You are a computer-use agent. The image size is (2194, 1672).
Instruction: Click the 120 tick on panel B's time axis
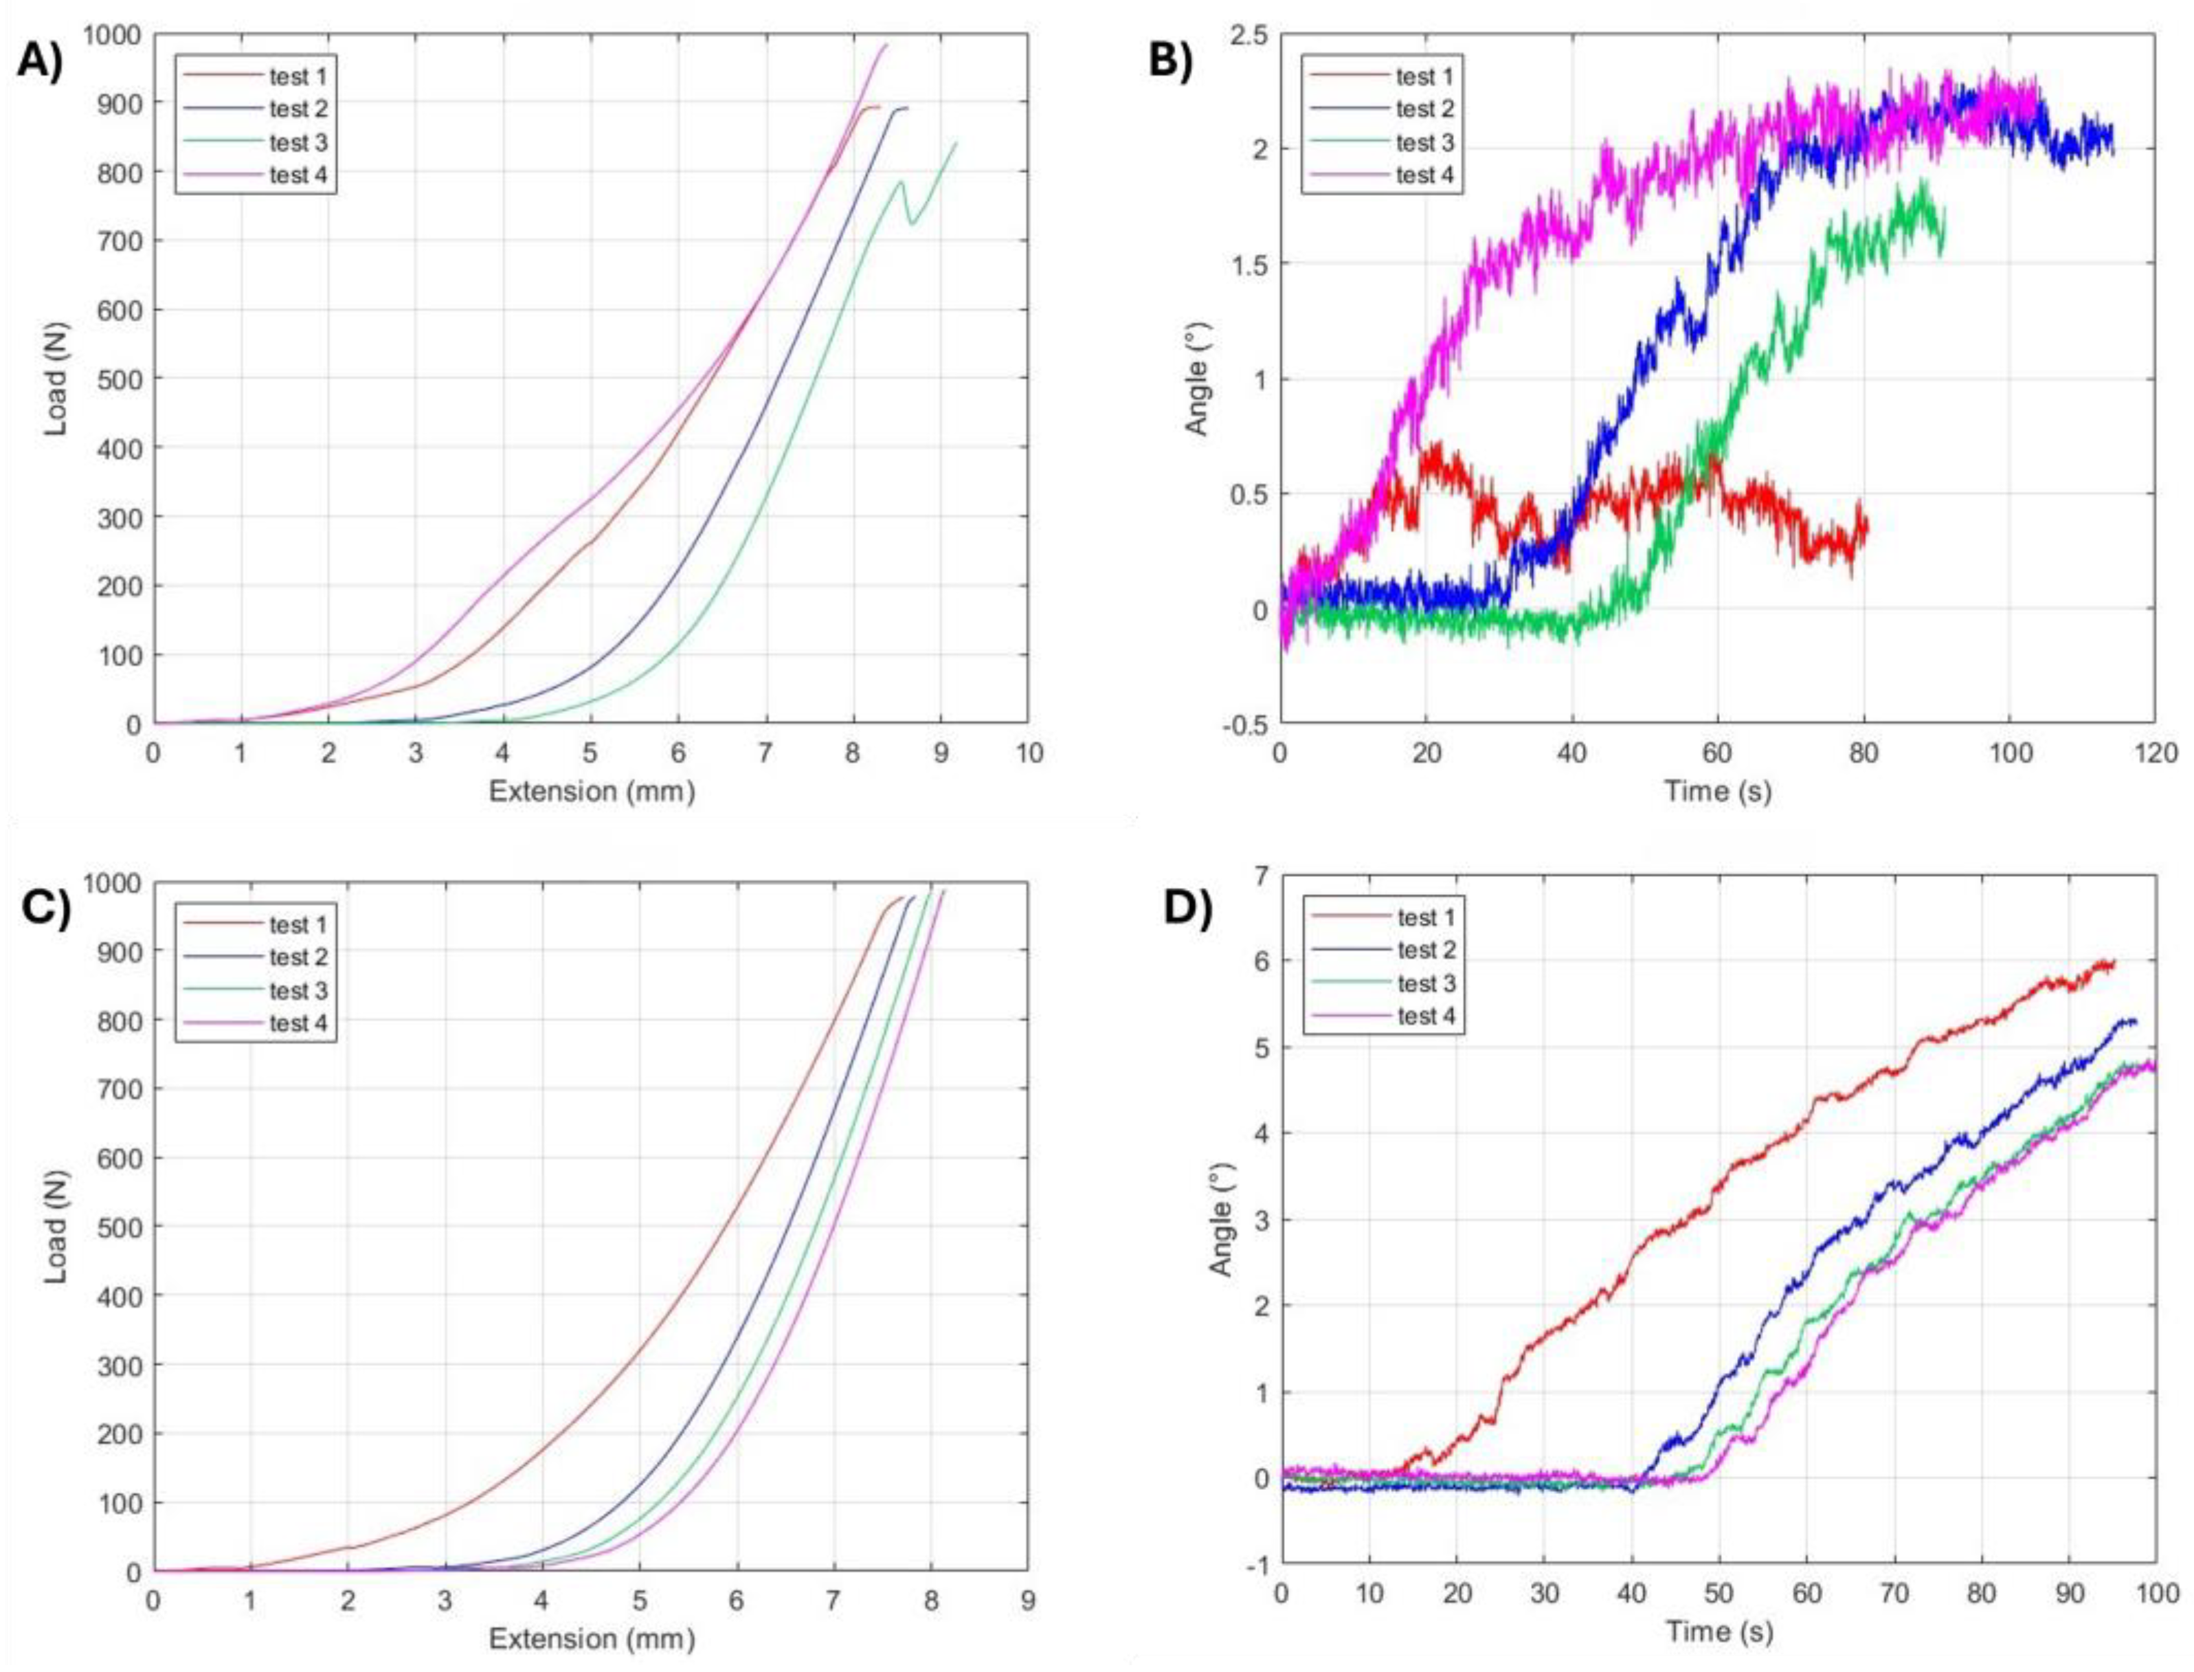click(2156, 753)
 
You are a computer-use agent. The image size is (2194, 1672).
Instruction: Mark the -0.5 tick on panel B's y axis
click(1245, 724)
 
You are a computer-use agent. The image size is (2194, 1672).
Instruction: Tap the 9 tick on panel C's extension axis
click(1027, 1601)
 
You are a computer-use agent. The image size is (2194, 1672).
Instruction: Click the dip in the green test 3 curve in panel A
click(911, 222)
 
